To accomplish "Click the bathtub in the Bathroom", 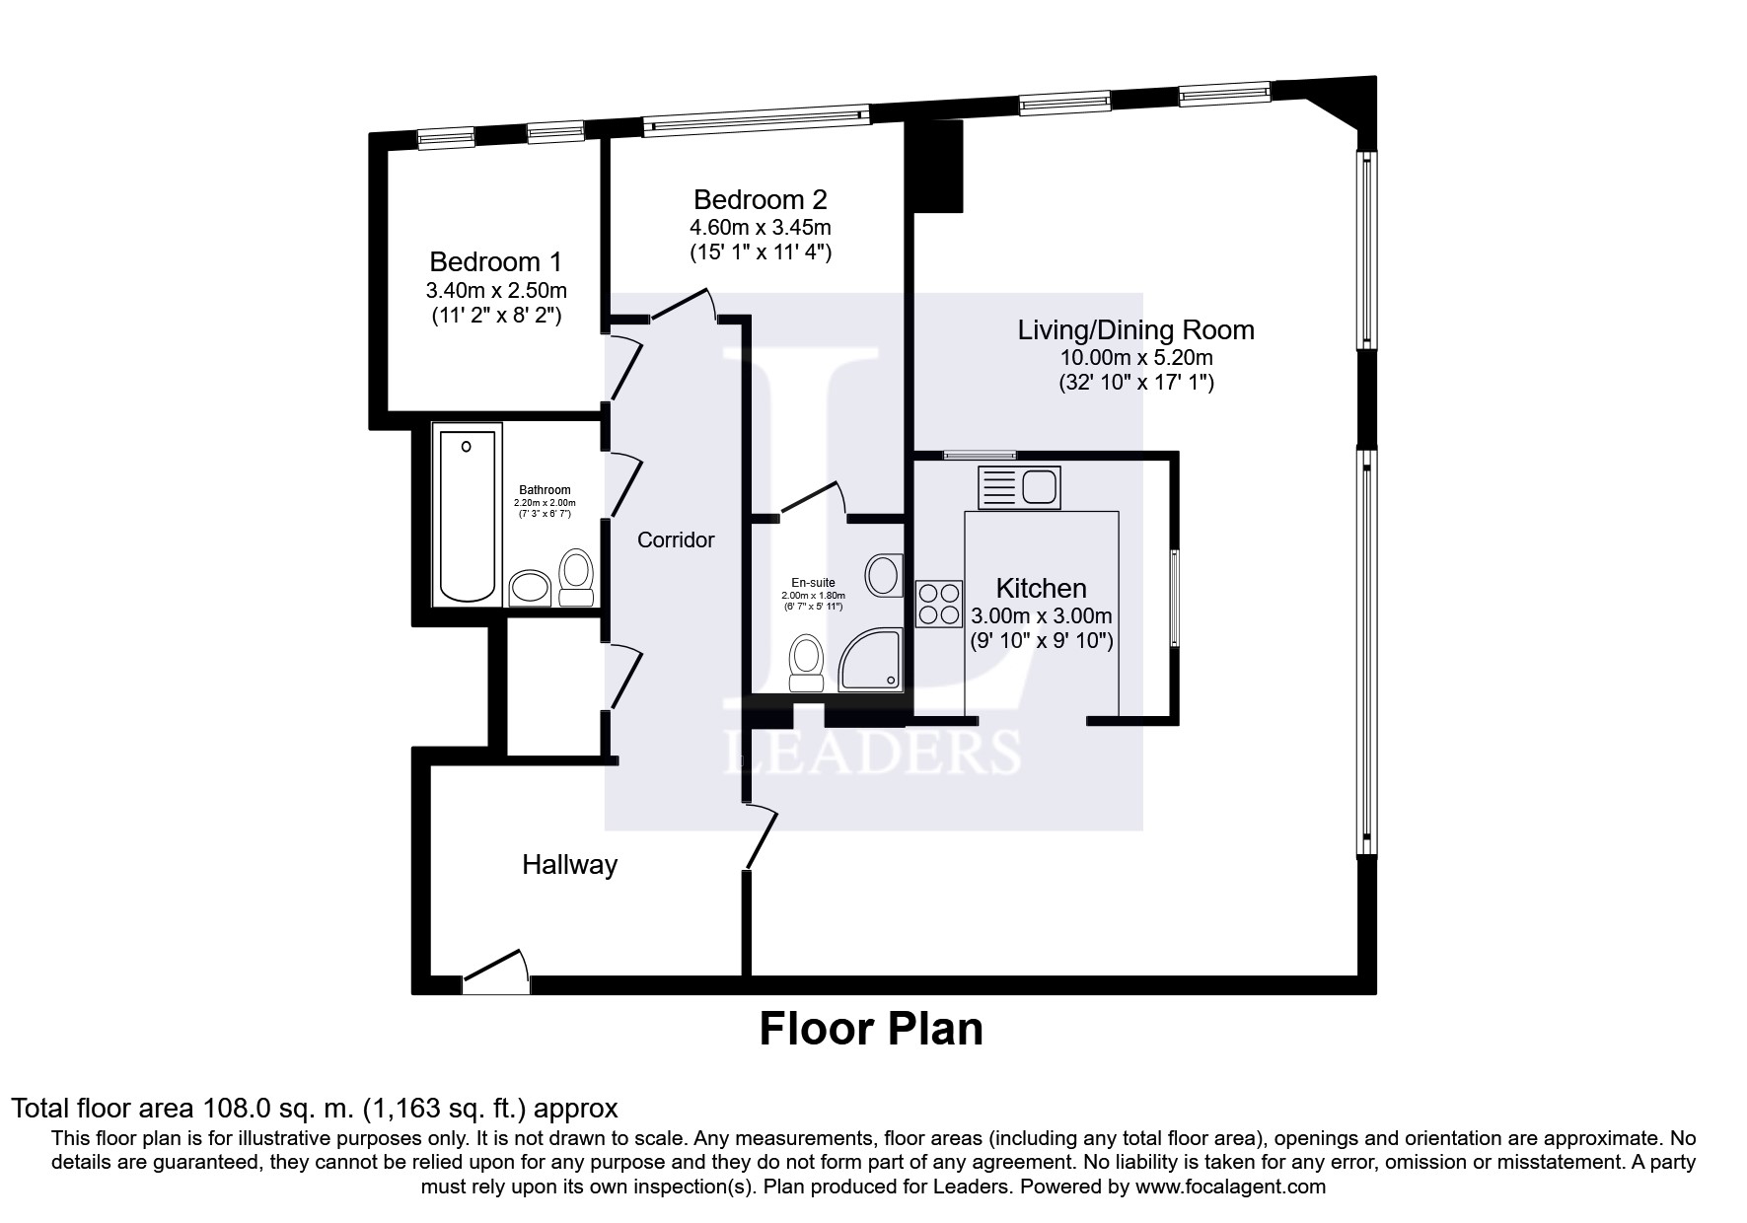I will pos(469,513).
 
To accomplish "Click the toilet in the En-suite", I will pos(807,664).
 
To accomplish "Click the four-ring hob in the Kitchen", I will pos(938,604).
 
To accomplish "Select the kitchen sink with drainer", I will pos(1019,487).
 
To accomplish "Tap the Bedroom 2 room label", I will pos(760,199).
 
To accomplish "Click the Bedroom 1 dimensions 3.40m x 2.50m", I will pos(496,291).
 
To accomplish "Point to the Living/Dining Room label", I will pos(1135,329).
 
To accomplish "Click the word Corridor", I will pos(676,540).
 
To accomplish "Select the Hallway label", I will pos(569,865).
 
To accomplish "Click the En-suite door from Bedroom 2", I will pos(814,499).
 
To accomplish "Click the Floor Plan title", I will pos(871,1029).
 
